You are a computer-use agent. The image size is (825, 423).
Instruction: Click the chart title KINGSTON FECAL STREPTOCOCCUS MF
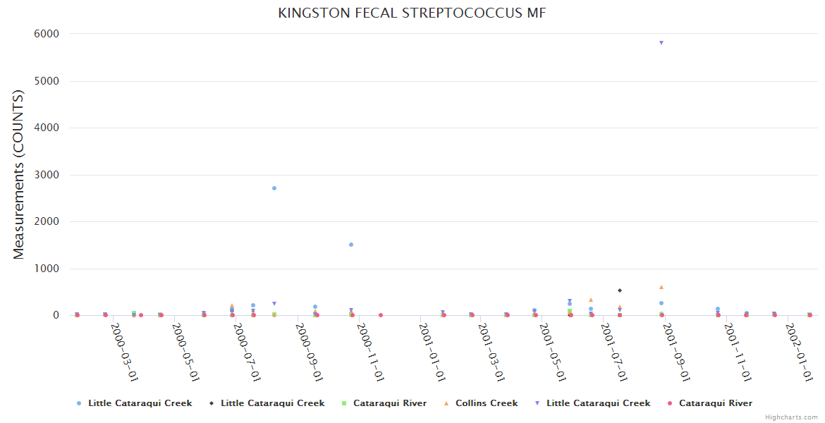pyautogui.click(x=412, y=13)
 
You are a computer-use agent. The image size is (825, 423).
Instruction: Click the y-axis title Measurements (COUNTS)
pyautogui.click(x=19, y=174)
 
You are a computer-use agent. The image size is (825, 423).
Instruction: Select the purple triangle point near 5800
pyautogui.click(x=661, y=43)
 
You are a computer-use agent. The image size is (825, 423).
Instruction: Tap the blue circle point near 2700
pyautogui.click(x=274, y=188)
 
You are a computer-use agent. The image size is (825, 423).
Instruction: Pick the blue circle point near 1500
pyautogui.click(x=351, y=245)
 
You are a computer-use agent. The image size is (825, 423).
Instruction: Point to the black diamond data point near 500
pyautogui.click(x=620, y=290)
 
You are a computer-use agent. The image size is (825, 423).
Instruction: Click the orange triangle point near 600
pyautogui.click(x=661, y=287)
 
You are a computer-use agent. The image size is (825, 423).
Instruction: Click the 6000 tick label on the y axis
pyautogui.click(x=46, y=34)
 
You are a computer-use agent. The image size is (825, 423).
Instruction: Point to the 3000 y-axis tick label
pyautogui.click(x=46, y=175)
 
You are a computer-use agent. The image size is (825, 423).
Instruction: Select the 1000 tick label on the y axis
pyautogui.click(x=46, y=269)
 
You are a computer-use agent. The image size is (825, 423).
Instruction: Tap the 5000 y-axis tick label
pyautogui.click(x=46, y=81)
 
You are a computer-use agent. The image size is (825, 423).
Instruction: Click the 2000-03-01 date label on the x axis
pyautogui.click(x=124, y=352)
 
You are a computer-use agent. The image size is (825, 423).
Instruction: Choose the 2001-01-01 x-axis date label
pyautogui.click(x=432, y=352)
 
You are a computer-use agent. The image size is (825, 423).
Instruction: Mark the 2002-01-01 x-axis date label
pyautogui.click(x=800, y=352)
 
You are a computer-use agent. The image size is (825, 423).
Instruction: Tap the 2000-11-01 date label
pyautogui.click(x=370, y=352)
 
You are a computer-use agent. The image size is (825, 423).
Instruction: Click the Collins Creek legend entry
pyautogui.click(x=486, y=403)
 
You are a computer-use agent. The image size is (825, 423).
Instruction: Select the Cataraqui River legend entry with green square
pyautogui.click(x=389, y=403)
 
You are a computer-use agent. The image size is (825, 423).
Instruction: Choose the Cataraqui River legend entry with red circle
pyautogui.click(x=715, y=403)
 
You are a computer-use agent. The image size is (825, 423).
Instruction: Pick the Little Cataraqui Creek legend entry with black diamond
pyautogui.click(x=272, y=403)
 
